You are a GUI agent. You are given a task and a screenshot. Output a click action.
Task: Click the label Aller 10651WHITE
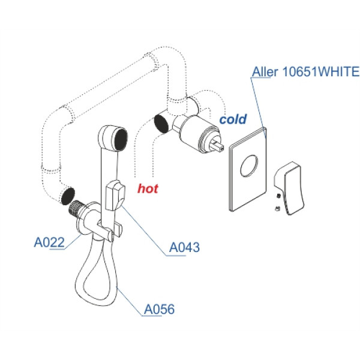(304, 73)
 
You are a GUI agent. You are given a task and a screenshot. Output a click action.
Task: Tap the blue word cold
(233, 119)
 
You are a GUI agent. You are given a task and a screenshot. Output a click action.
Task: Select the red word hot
(148, 188)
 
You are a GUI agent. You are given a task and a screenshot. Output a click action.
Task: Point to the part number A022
(48, 242)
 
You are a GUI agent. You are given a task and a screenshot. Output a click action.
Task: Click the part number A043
(184, 247)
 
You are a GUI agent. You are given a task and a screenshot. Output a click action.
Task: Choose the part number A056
(160, 310)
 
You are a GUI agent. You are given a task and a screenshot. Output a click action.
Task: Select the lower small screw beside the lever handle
(276, 208)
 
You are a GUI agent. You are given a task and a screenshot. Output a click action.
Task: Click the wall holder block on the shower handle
(114, 196)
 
